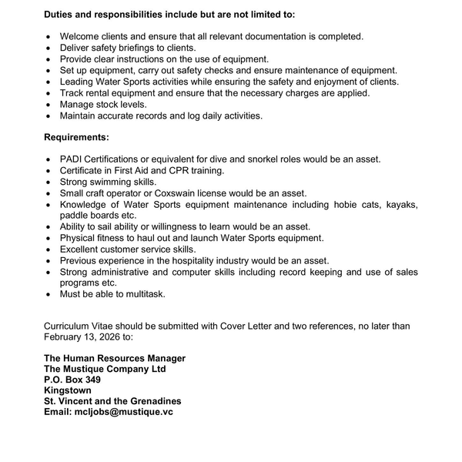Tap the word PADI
point(72,159)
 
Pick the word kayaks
point(400,204)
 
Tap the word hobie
point(335,204)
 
